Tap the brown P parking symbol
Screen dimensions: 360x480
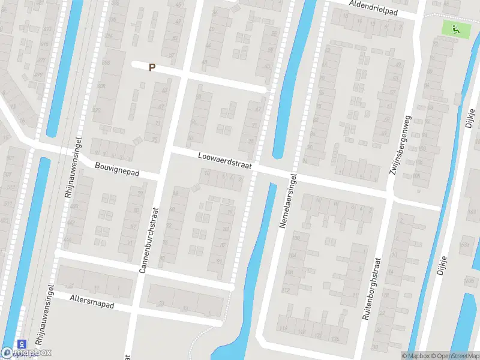click(x=152, y=68)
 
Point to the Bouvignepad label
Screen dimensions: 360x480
click(x=116, y=169)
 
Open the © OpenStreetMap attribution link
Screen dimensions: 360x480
click(x=455, y=356)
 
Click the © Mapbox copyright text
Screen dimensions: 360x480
click(x=416, y=356)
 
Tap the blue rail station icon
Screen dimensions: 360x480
click(x=23, y=343)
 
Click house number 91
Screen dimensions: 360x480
click(x=218, y=261)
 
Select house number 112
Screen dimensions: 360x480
click(x=286, y=290)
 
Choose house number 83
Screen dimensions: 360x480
click(x=226, y=229)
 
